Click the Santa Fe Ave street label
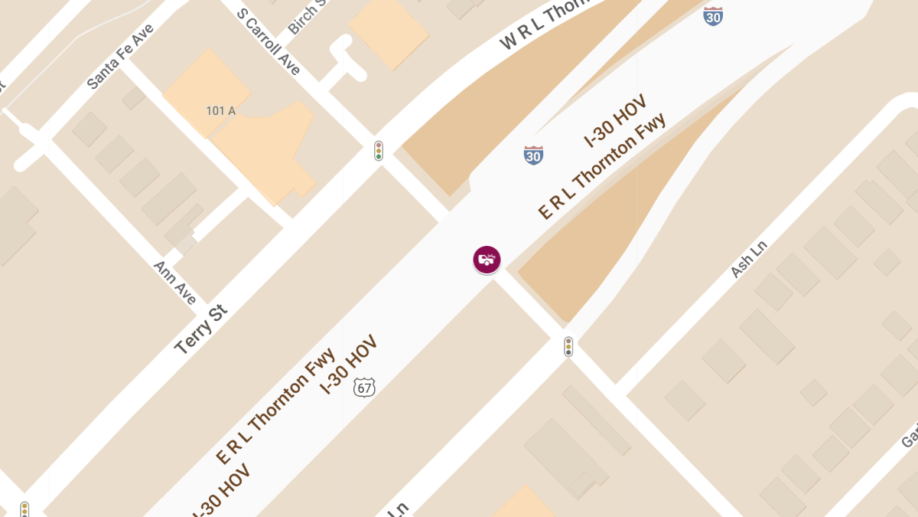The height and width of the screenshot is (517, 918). tap(120, 57)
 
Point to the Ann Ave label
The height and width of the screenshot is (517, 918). tap(176, 282)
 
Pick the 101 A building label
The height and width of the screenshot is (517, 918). tap(220, 111)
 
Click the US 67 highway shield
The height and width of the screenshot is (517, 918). tap(365, 387)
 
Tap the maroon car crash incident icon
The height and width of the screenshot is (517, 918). tap(487, 260)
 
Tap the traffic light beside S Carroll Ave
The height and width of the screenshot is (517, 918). tap(378, 150)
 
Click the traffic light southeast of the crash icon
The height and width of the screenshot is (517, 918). tap(568, 347)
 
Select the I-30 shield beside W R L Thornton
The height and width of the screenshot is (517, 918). tap(713, 15)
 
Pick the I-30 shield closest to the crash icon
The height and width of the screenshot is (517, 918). tap(533, 155)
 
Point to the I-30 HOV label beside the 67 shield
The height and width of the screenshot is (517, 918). tap(349, 364)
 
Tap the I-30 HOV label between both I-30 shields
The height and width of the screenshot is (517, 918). tap(616, 120)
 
